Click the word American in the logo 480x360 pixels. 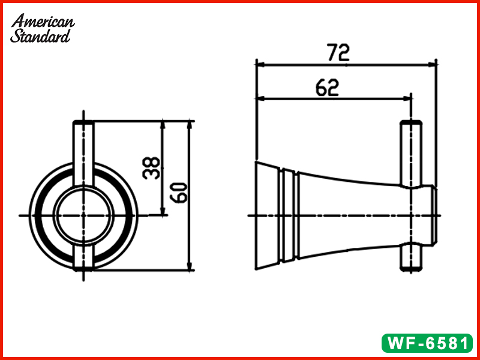click(x=43, y=22)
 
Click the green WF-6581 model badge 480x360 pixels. click(x=427, y=344)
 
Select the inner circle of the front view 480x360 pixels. click(x=83, y=214)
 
